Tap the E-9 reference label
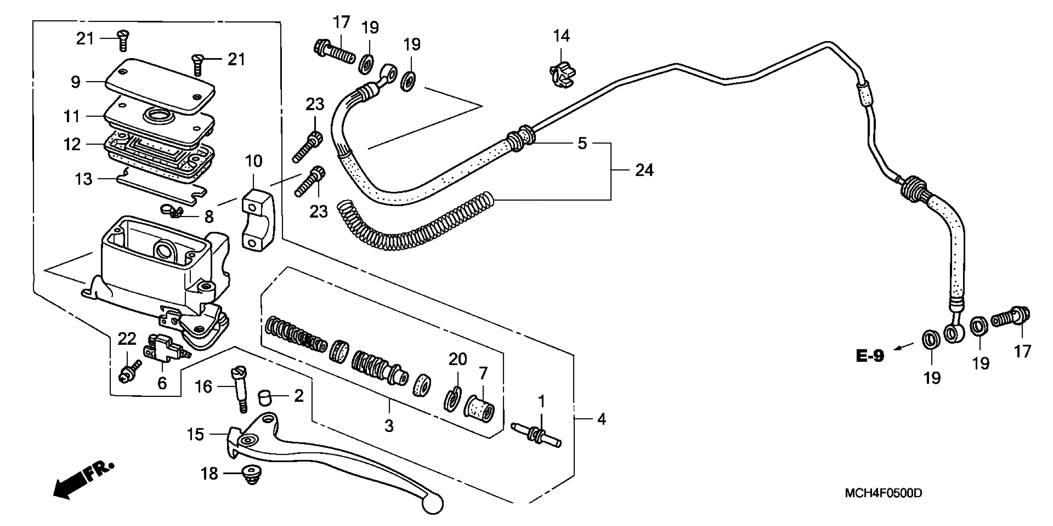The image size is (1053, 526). (870, 356)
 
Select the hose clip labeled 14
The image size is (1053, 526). (563, 76)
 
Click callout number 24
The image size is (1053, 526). (644, 170)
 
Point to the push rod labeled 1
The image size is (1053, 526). (536, 435)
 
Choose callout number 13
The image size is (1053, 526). (84, 179)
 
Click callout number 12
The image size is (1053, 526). (72, 144)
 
